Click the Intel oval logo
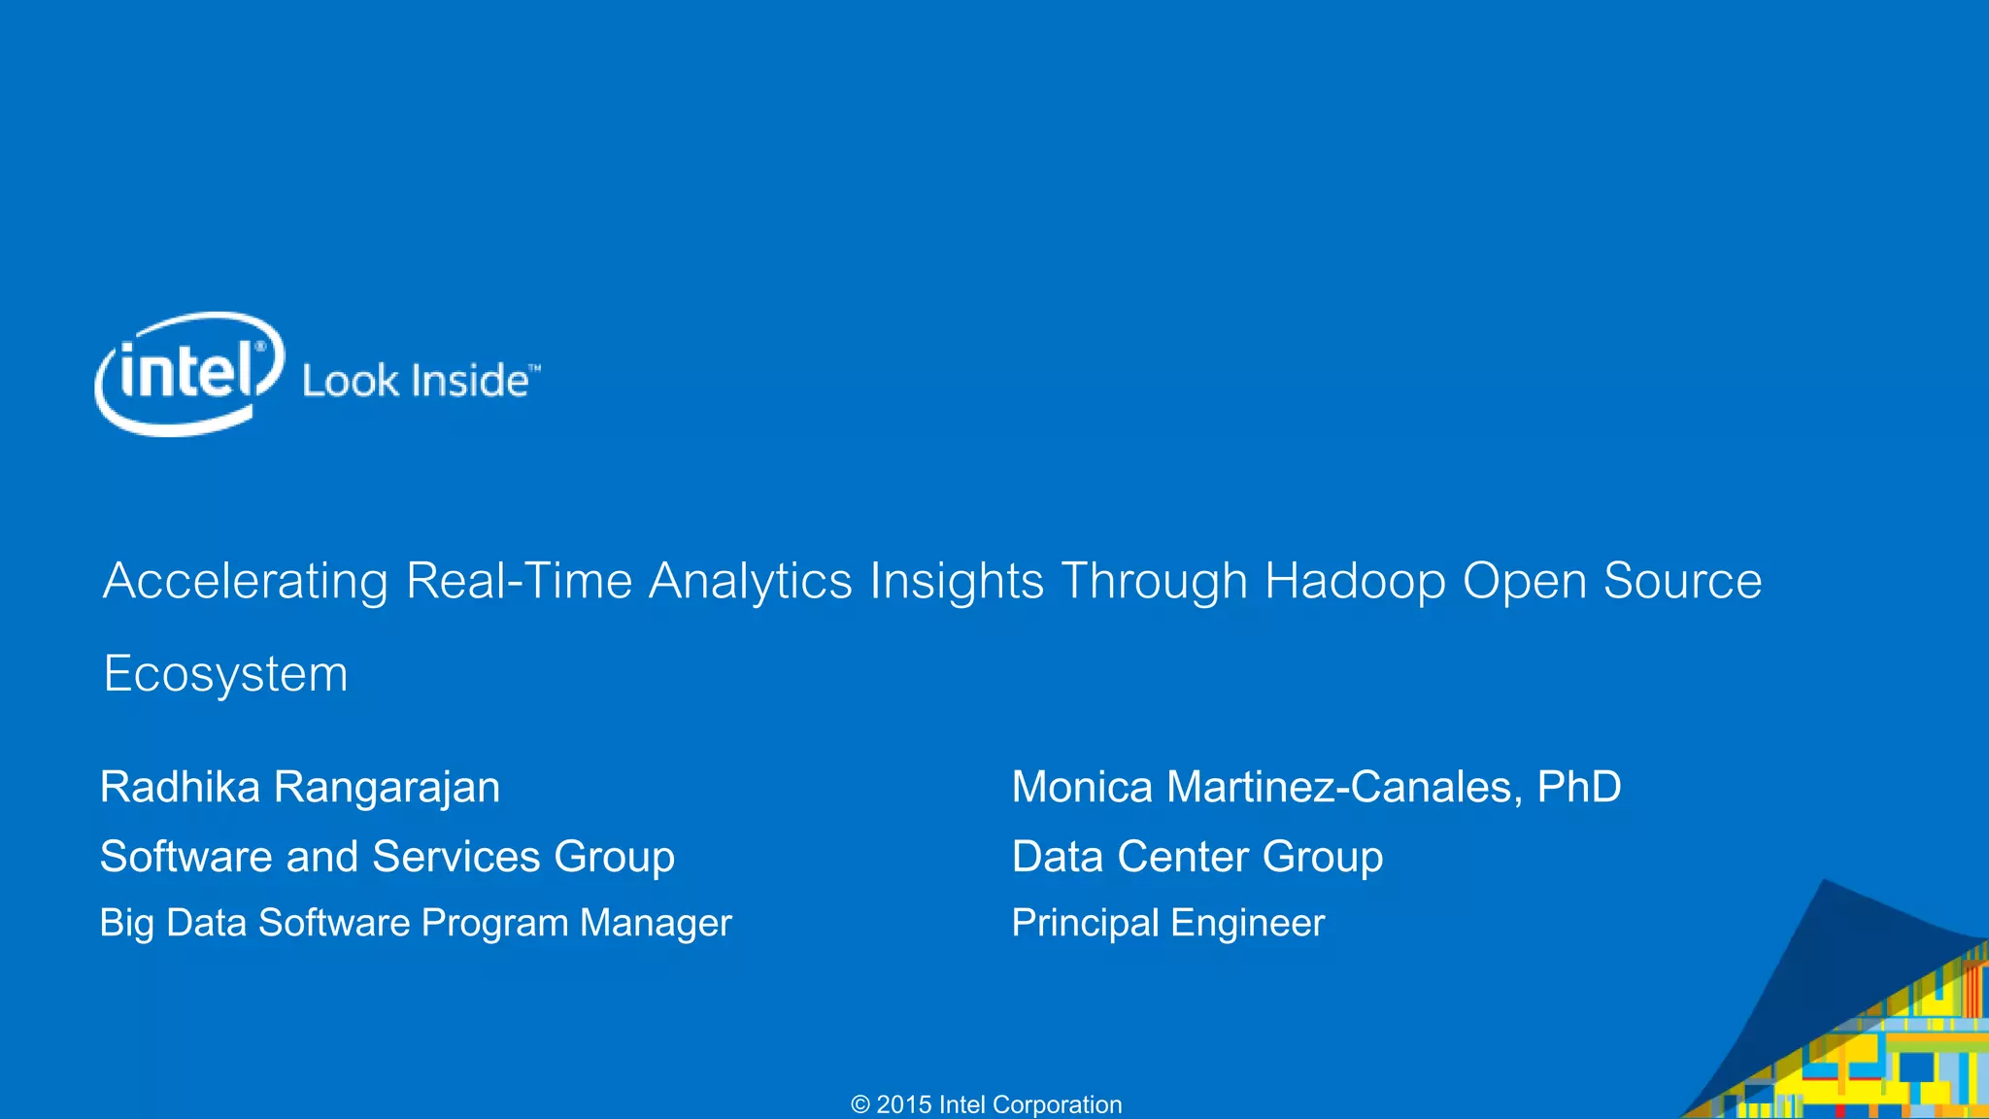pos(189,374)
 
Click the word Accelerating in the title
pos(246,582)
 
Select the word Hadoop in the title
pos(1355,582)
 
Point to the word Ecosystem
pos(225,674)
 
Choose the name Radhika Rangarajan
pos(300,787)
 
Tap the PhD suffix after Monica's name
pos(1579,787)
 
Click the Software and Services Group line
pos(387,857)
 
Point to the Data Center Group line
pos(1197,857)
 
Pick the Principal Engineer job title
pos(1167,923)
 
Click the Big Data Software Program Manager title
pos(415,923)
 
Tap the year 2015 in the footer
pos(904,1104)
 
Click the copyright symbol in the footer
pos(860,1104)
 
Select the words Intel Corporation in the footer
pos(1030,1104)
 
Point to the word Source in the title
pos(1682,582)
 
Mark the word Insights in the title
pos(957,582)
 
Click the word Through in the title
pos(1154,582)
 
